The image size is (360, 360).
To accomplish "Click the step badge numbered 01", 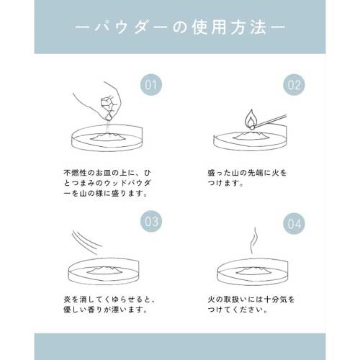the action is pyautogui.click(x=151, y=85).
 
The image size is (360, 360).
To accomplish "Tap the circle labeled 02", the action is pyautogui.click(x=294, y=85).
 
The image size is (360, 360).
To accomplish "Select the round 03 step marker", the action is pyautogui.click(x=151, y=221).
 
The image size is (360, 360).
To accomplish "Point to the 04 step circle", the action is pyautogui.click(x=294, y=223).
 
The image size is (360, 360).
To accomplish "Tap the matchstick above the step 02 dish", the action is pyautogui.click(x=271, y=121).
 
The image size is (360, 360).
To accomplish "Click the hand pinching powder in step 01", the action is pyautogui.click(x=101, y=101).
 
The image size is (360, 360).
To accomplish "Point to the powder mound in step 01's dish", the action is pyautogui.click(x=108, y=137).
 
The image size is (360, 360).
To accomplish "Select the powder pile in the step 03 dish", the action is pyautogui.click(x=105, y=270).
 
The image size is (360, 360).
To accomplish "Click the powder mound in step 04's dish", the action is pyautogui.click(x=253, y=271).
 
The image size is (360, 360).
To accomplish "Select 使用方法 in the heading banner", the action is pyautogui.click(x=229, y=28).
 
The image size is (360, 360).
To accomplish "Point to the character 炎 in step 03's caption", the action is pyautogui.click(x=67, y=300).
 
